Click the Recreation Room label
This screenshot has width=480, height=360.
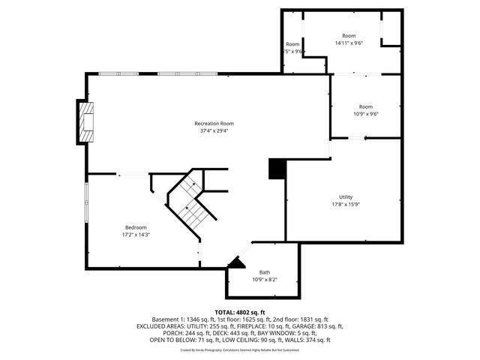[x=214, y=123]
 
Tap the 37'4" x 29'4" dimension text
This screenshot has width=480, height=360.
[x=214, y=130]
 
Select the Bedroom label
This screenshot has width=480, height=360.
[x=136, y=227]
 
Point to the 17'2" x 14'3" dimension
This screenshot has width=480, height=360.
[x=136, y=235]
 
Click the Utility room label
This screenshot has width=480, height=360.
[x=345, y=196]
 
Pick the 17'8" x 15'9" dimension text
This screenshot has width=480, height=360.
[x=345, y=204]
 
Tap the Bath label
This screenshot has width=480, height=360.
[x=265, y=272]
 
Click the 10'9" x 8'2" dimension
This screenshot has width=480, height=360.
[x=265, y=280]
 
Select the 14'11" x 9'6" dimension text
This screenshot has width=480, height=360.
[x=349, y=43]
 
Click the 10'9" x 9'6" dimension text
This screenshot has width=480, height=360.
[x=366, y=114]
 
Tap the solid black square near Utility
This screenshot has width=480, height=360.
[x=277, y=169]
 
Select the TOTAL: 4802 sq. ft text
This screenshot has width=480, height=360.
[x=240, y=312]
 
